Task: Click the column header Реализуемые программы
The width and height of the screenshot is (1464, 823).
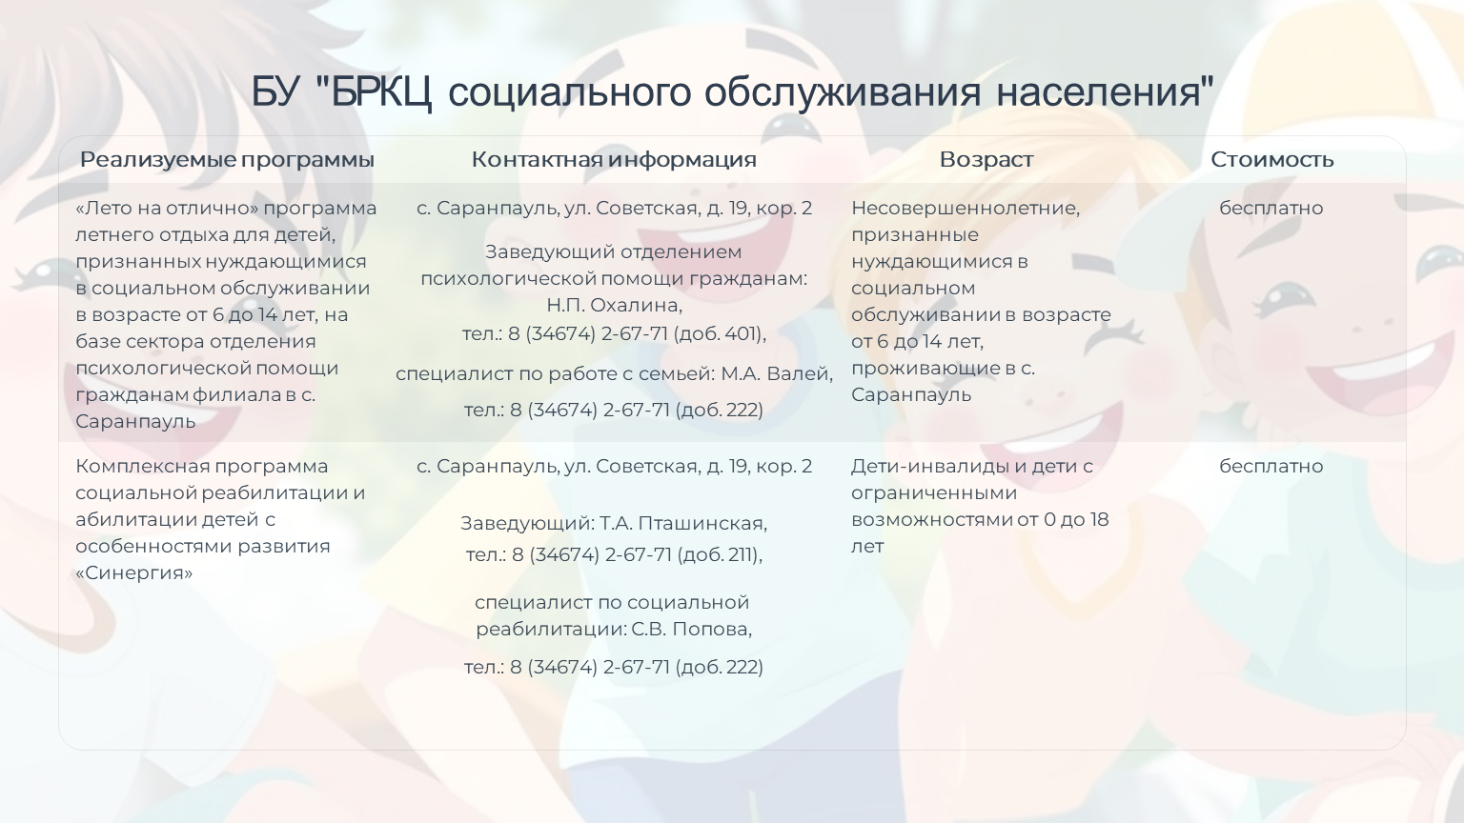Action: click(227, 160)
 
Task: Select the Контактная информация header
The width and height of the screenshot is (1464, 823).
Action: click(614, 159)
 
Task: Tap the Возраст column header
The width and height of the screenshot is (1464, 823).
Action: click(986, 160)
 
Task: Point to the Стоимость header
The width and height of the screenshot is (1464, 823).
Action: click(1271, 159)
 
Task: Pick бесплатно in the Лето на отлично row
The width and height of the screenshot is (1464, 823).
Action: click(1271, 208)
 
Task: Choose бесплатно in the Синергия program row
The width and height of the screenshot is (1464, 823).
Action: click(1271, 466)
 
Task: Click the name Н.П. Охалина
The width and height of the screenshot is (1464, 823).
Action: click(615, 305)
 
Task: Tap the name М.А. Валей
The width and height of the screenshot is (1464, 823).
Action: click(777, 373)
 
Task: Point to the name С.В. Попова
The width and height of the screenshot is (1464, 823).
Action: click(691, 629)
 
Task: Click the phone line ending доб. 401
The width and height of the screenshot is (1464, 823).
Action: click(615, 333)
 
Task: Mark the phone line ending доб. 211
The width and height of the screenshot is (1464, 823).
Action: click(615, 554)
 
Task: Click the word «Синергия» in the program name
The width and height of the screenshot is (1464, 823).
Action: click(134, 572)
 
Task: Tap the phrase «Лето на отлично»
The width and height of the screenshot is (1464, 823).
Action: click(167, 208)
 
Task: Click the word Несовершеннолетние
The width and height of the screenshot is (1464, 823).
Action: click(966, 208)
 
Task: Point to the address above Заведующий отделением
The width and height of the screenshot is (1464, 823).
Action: click(615, 209)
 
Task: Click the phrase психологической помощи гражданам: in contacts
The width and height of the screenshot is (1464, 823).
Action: click(615, 279)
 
